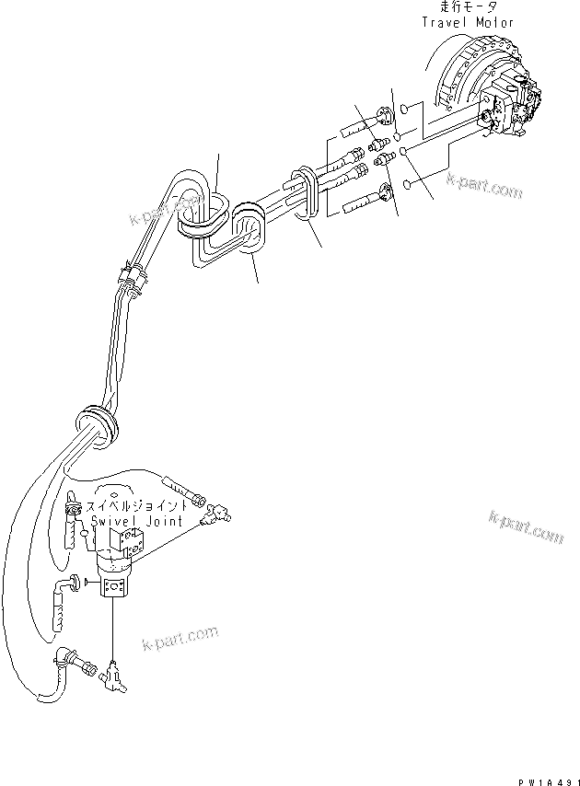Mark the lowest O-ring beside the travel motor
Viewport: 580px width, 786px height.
click(x=406, y=186)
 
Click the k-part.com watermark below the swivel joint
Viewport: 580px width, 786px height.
click(x=180, y=637)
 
